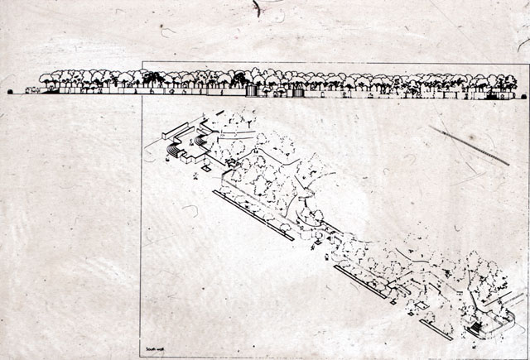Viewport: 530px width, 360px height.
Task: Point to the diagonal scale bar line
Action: click(x=469, y=145)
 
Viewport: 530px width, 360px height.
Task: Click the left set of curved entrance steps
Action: click(x=175, y=151)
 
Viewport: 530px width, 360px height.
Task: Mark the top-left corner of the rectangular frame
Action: click(x=142, y=63)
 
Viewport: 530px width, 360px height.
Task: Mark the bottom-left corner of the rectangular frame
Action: click(x=142, y=355)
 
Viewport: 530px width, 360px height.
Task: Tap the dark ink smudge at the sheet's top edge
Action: click(x=258, y=7)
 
